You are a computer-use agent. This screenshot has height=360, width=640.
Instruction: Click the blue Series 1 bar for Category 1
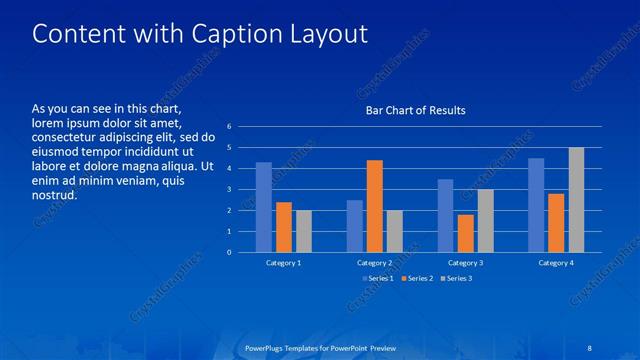pyautogui.click(x=264, y=207)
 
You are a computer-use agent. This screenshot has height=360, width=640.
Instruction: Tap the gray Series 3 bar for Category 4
pyautogui.click(x=576, y=200)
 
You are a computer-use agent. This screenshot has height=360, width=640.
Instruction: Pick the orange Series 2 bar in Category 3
pyautogui.click(x=465, y=233)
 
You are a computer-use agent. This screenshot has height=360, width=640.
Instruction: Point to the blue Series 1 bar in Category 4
pyautogui.click(x=536, y=205)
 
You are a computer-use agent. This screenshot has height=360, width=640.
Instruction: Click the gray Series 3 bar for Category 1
pyautogui.click(x=303, y=231)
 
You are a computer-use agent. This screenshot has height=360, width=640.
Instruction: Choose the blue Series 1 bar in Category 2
pyautogui.click(x=355, y=226)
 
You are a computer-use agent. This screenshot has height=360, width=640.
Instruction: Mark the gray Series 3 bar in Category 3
pyautogui.click(x=485, y=220)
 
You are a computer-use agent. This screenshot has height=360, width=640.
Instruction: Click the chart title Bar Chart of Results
pyautogui.click(x=415, y=110)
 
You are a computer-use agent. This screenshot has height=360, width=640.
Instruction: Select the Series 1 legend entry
pyautogui.click(x=376, y=278)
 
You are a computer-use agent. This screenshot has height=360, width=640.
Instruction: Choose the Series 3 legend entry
pyautogui.click(x=456, y=278)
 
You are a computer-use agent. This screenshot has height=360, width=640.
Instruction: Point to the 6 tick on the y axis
pyautogui.click(x=229, y=127)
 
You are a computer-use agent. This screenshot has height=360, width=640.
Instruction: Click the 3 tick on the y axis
pyautogui.click(x=229, y=189)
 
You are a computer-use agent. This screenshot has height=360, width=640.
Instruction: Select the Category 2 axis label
pyautogui.click(x=375, y=262)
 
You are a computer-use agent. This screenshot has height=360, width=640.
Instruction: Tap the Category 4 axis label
pyautogui.click(x=556, y=262)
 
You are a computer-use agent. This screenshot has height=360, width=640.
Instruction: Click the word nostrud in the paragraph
pyautogui.click(x=54, y=195)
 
